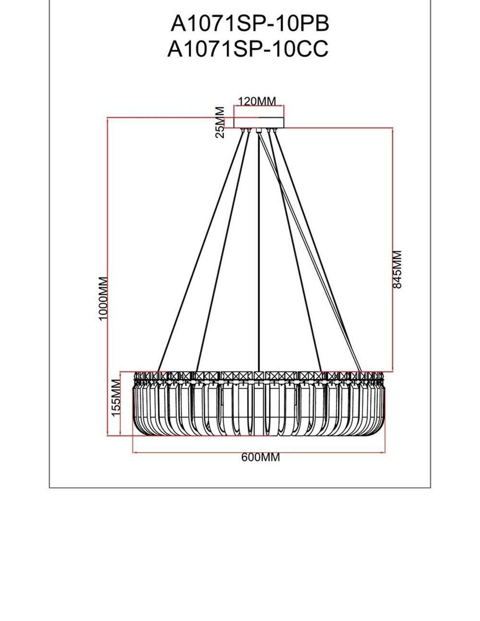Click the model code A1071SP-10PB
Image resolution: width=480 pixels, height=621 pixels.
click(250, 23)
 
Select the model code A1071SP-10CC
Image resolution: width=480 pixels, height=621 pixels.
click(248, 49)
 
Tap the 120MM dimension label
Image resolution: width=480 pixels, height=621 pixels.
click(258, 101)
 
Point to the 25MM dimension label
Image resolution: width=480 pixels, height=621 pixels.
click(220, 123)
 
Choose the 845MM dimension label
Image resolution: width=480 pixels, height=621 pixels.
click(397, 269)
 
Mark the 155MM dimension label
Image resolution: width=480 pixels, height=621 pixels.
click(115, 398)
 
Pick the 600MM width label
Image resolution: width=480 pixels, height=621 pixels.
click(260, 457)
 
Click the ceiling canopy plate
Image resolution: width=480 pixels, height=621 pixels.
click(259, 122)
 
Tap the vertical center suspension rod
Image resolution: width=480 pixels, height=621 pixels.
click(259, 250)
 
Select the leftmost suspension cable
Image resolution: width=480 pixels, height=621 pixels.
click(202, 250)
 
